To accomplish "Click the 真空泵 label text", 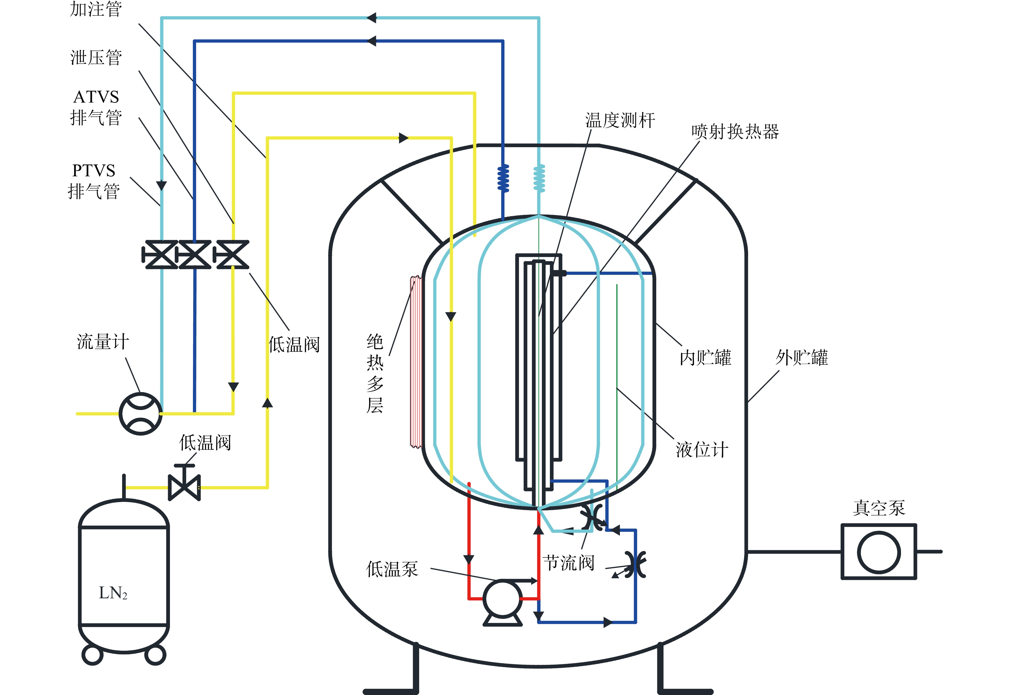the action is tap(879, 508).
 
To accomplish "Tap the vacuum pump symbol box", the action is tap(879, 552).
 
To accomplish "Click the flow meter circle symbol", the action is tap(141, 414).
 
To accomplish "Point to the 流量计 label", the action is tap(103, 342).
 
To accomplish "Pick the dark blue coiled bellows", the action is tap(503, 178).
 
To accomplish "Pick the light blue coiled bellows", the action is tap(539, 178).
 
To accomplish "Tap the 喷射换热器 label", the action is tap(735, 131).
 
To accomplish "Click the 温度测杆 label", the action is tap(620, 120).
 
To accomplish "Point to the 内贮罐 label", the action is tap(706, 357).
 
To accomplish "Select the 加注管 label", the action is tap(96, 9).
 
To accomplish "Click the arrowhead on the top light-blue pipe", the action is tap(371, 18).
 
